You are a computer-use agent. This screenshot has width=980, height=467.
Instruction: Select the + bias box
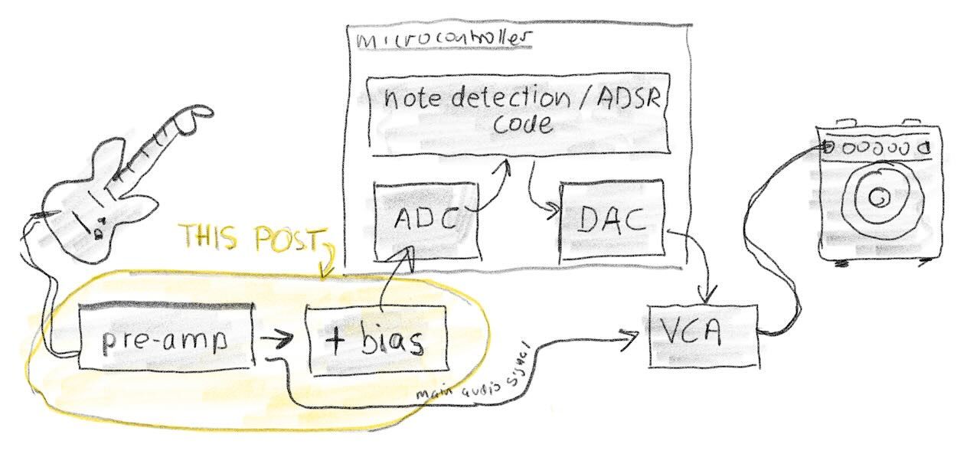[376, 340]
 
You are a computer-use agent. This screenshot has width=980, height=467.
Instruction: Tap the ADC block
[425, 220]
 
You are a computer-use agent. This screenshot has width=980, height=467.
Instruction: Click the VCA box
[702, 335]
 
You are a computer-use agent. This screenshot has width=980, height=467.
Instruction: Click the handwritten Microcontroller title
[444, 41]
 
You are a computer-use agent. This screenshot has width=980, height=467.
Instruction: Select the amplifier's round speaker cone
[879, 198]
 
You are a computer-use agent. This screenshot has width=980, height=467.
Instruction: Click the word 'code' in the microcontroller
[521, 124]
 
